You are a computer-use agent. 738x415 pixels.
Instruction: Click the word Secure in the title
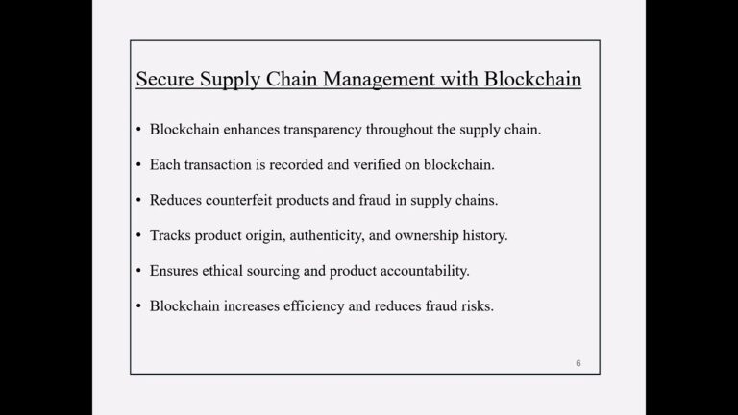click(x=166, y=78)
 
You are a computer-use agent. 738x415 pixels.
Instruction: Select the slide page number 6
click(x=578, y=363)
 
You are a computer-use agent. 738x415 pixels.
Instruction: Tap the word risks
click(x=476, y=306)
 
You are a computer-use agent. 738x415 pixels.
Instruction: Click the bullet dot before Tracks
click(x=139, y=235)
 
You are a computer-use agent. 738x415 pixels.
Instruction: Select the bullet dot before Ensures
click(x=139, y=271)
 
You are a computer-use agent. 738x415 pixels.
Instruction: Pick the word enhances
click(x=244, y=129)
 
